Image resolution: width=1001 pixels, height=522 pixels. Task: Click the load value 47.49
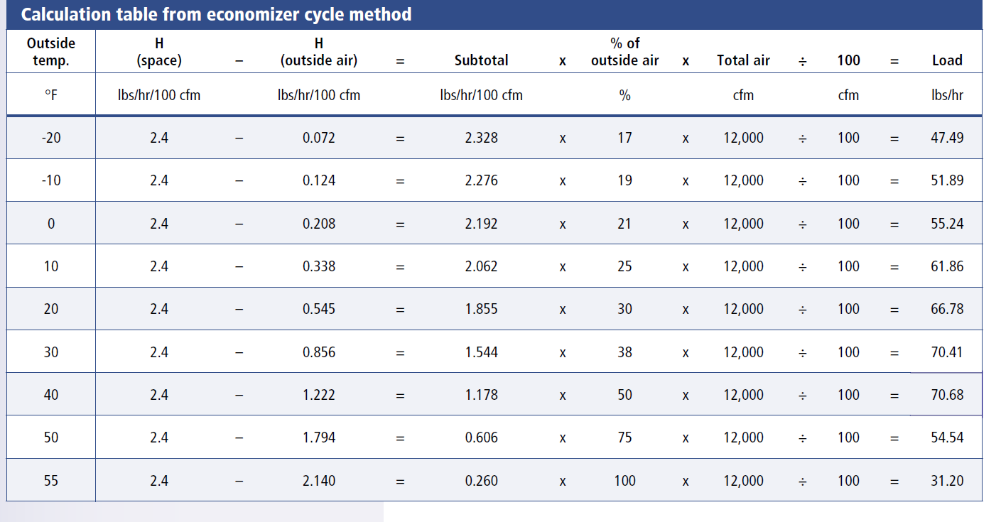(947, 138)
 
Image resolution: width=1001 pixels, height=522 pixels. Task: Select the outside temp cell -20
(51, 138)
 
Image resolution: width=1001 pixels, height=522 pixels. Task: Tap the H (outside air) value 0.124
(318, 180)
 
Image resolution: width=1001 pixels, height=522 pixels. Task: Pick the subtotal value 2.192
(481, 224)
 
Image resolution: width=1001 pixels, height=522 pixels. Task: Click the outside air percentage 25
(624, 266)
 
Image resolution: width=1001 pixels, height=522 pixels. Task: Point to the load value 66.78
(947, 309)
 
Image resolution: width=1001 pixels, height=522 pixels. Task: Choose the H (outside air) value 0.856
(318, 352)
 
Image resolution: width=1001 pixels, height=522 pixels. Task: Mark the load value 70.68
(947, 395)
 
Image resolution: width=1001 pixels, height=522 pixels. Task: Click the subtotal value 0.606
(481, 437)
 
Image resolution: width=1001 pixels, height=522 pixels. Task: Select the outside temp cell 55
(51, 480)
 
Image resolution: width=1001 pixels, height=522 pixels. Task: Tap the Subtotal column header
(481, 60)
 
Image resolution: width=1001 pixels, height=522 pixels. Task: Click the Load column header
(947, 60)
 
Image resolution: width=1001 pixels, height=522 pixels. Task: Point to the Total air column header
(743, 60)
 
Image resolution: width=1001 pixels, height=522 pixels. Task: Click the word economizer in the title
(255, 14)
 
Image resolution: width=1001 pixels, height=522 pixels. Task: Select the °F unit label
(51, 95)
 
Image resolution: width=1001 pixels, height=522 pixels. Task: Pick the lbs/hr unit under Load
(947, 95)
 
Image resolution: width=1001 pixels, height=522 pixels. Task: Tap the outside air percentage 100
(624, 480)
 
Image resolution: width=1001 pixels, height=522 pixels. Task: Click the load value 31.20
(947, 480)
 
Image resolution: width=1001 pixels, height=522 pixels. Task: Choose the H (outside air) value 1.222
(318, 395)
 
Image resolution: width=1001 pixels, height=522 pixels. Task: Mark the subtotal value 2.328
(481, 138)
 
